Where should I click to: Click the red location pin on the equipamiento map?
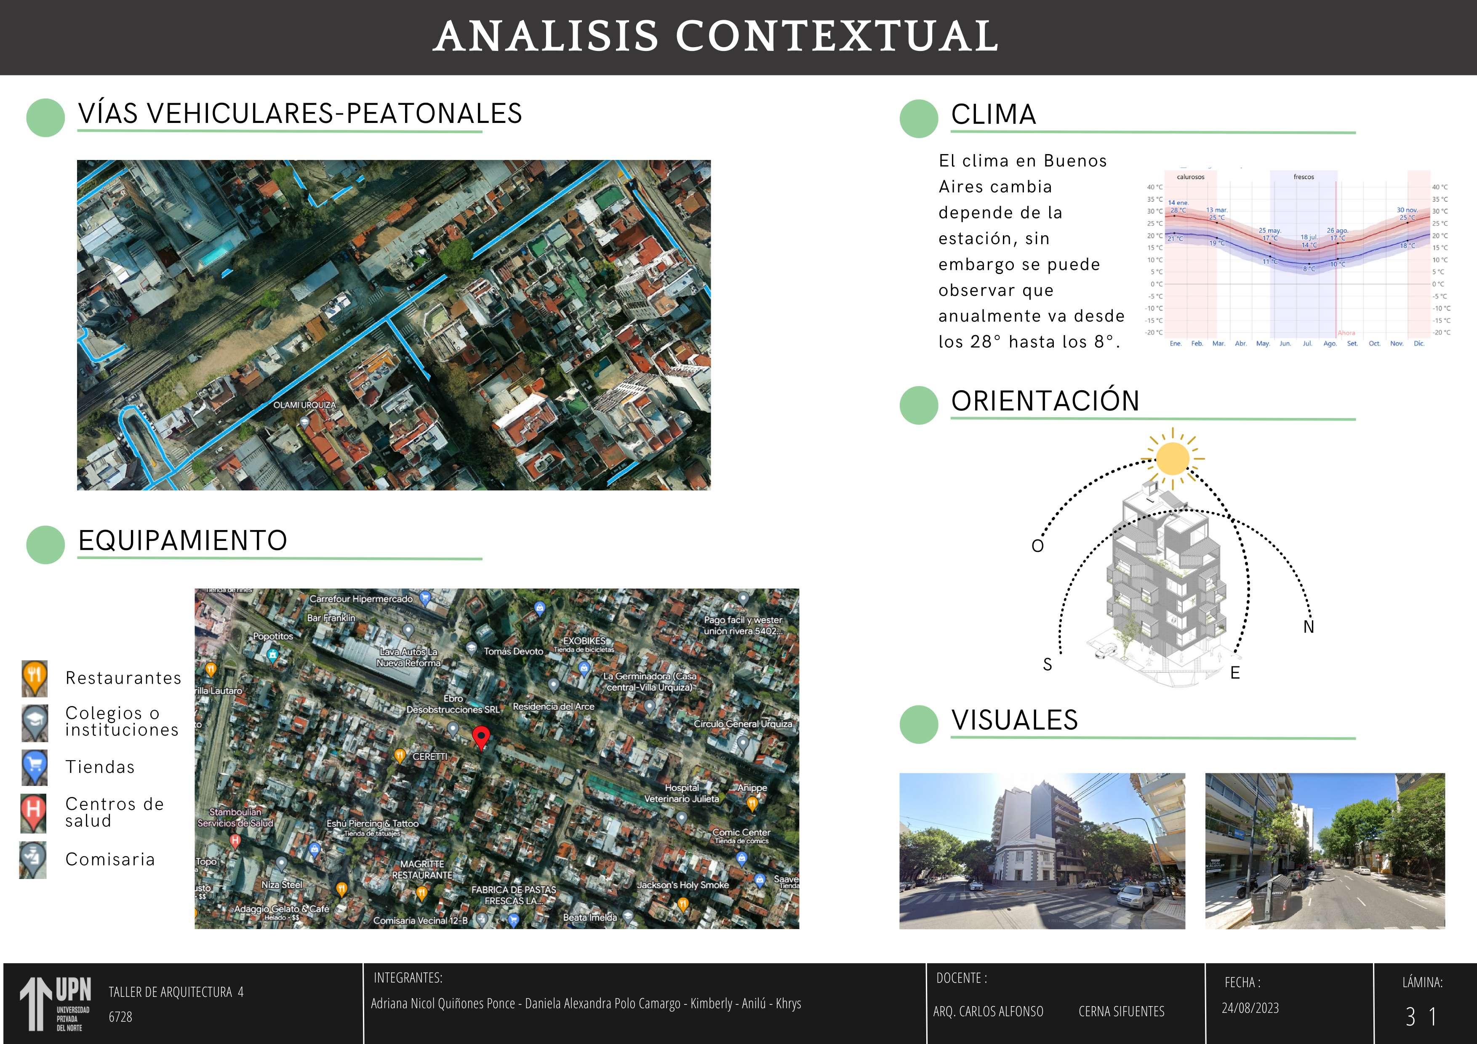(480, 737)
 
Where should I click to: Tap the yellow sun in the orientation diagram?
(1172, 458)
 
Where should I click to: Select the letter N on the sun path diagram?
(1309, 627)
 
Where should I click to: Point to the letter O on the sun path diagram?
(1037, 546)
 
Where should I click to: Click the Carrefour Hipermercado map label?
(361, 599)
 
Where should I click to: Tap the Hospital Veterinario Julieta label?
(682, 793)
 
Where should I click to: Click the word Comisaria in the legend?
(110, 859)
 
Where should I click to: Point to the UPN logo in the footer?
(56, 1004)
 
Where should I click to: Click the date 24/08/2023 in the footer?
(1250, 1008)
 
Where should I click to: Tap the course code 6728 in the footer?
(120, 1017)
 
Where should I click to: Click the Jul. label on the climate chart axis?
(1307, 344)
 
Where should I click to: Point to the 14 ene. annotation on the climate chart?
(1178, 202)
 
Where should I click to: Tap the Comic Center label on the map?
(741, 832)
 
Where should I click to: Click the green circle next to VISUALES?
(919, 724)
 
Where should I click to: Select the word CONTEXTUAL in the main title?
(836, 36)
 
